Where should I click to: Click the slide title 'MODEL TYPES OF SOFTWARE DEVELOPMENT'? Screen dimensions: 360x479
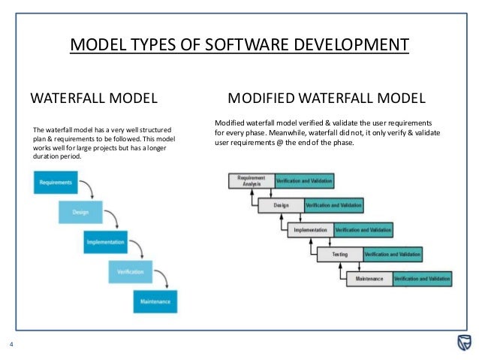tap(239, 45)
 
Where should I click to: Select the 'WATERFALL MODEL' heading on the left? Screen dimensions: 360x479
tap(93, 98)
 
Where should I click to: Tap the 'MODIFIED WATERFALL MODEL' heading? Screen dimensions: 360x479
tap(326, 98)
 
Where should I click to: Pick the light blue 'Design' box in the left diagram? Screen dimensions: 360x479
tap(80, 212)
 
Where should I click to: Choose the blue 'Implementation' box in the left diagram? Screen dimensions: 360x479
tap(105, 242)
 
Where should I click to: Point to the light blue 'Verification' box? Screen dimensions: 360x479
tap(131, 272)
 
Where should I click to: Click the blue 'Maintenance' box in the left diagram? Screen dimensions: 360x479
tap(155, 302)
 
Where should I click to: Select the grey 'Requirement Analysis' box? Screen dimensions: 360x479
tap(252, 180)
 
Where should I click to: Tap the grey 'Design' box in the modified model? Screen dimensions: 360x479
tap(281, 204)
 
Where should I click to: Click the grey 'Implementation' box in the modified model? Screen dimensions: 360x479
tap(310, 229)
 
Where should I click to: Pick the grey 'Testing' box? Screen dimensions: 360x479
tap(339, 255)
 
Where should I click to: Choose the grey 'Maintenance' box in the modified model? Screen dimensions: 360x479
tap(369, 279)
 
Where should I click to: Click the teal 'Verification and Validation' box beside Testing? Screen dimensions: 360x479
tap(393, 255)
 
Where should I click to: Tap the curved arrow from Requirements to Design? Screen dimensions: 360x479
tap(86, 188)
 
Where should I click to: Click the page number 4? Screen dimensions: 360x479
tap(11, 345)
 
